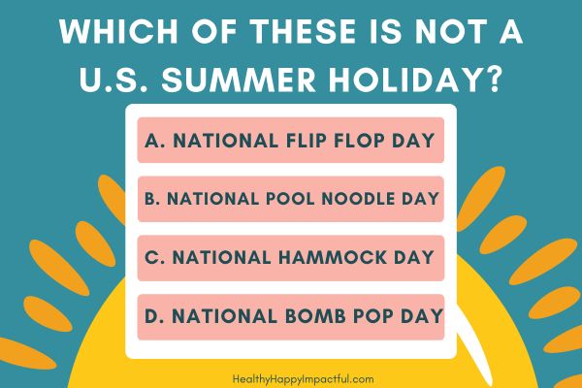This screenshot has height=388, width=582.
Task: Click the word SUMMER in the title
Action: [239, 80]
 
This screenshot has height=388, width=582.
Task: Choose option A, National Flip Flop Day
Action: [291, 140]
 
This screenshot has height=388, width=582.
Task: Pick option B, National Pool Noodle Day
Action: [291, 199]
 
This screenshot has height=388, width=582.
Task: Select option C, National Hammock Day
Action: [291, 258]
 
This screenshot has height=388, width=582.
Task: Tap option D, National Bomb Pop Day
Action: [291, 317]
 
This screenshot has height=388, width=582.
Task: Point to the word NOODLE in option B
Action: [358, 199]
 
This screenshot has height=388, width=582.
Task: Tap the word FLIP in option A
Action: [307, 141]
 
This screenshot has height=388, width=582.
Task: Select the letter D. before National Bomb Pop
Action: [154, 316]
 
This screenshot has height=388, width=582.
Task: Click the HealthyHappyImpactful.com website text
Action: [304, 379]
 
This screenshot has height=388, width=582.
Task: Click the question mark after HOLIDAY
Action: [492, 80]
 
